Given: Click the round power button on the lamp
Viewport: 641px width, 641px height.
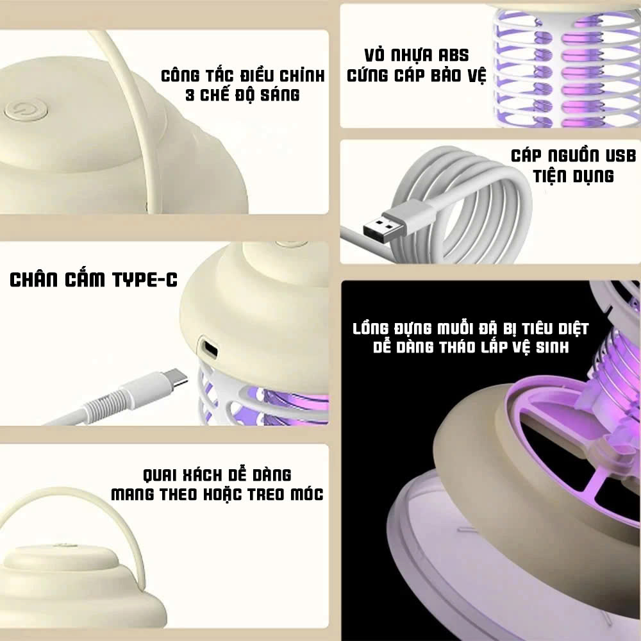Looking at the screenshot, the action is [26, 110].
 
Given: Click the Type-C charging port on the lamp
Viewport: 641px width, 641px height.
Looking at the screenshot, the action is [210, 349].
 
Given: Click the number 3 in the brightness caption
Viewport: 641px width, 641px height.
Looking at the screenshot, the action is [190, 96].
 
